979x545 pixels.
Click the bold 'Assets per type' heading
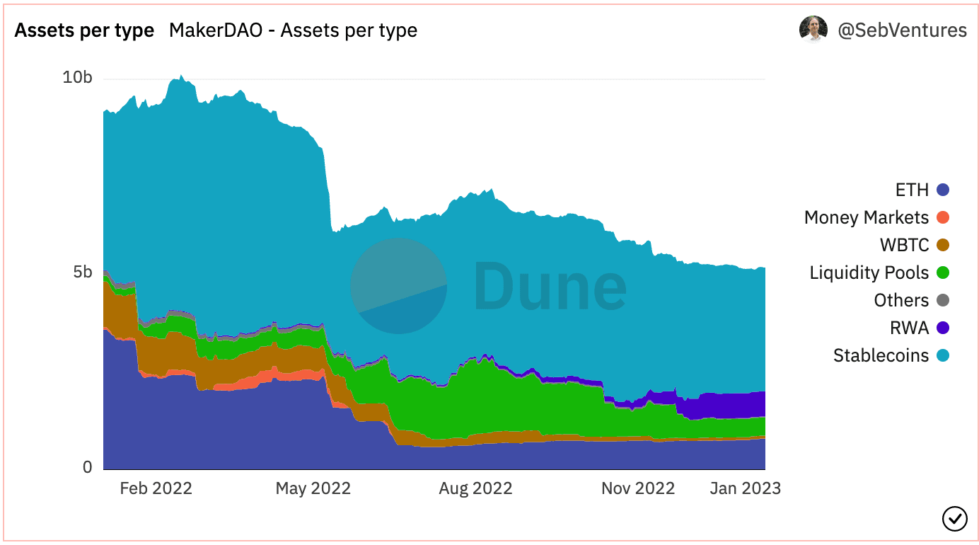pyautogui.click(x=84, y=30)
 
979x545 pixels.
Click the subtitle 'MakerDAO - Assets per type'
pyautogui.click(x=293, y=30)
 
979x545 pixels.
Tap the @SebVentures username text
pyautogui.click(x=902, y=30)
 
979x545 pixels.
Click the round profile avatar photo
pyautogui.click(x=813, y=30)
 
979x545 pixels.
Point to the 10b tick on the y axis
pyautogui.click(x=77, y=77)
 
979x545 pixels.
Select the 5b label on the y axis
pyautogui.click(x=82, y=272)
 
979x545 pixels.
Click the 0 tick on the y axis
pyautogui.click(x=88, y=467)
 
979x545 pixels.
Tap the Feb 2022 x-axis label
pyautogui.click(x=156, y=488)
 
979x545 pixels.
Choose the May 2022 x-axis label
pyautogui.click(x=313, y=488)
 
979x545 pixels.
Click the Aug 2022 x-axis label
pyautogui.click(x=475, y=488)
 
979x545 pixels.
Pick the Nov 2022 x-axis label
pyautogui.click(x=638, y=488)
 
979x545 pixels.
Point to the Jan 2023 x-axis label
pyautogui.click(x=745, y=488)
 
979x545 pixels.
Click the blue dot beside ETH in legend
pyautogui.click(x=942, y=190)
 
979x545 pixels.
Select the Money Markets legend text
pyautogui.click(x=866, y=217)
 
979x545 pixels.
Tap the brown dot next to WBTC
pyautogui.click(x=942, y=245)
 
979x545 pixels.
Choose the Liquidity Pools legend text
pyautogui.click(x=869, y=272)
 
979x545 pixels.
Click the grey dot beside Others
pyautogui.click(x=942, y=300)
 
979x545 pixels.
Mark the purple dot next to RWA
pyautogui.click(x=942, y=328)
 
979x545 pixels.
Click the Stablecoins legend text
pyautogui.click(x=881, y=355)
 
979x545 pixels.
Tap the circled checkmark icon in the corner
pyautogui.click(x=955, y=518)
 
